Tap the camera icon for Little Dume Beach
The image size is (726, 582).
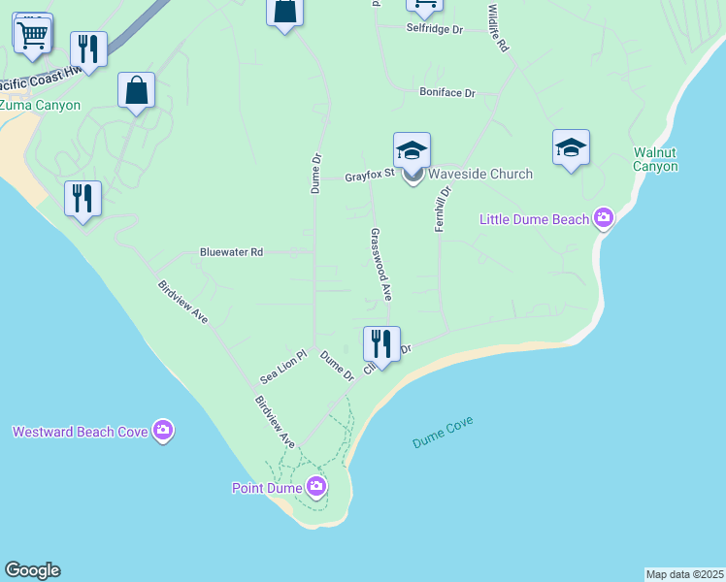point(605,219)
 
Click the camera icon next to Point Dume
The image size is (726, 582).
point(315,487)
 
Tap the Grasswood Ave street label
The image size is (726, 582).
point(380,263)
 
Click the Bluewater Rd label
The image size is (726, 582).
point(231,252)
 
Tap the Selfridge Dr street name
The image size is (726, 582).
point(434,30)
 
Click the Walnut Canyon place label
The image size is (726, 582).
point(655,159)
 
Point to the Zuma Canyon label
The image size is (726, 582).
point(40,105)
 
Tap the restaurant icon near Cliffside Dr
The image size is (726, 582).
point(381,343)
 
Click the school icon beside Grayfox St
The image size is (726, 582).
point(412,150)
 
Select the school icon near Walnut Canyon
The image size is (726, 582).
point(571,146)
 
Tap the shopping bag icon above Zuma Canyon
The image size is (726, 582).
point(137,90)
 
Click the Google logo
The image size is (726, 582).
point(32,570)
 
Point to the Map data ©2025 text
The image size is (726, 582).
point(684,574)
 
